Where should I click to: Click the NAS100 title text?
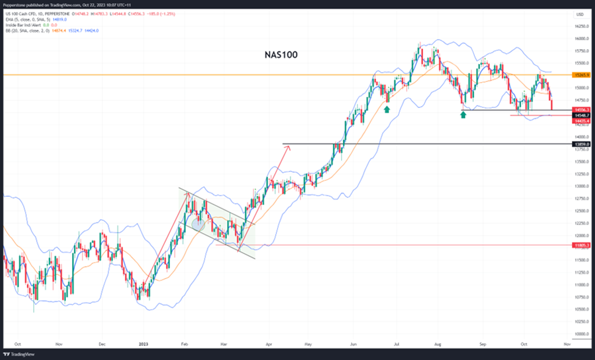point(281,55)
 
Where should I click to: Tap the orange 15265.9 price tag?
point(581,74)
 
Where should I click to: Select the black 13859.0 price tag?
point(581,145)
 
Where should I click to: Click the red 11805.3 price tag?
point(581,245)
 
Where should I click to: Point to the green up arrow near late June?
point(386,109)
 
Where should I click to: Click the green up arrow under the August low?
point(463,113)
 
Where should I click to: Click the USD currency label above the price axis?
point(580,14)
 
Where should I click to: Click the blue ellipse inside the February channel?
point(198,225)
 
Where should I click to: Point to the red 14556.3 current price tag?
point(581,110)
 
